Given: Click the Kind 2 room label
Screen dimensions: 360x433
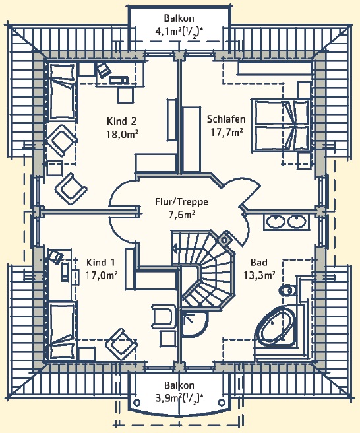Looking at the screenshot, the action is click(121, 121).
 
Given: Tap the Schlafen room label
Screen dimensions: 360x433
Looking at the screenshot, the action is click(226, 119).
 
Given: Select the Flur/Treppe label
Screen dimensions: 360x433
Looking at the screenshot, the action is click(181, 202).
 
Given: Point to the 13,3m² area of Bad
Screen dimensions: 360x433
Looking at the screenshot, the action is click(259, 275).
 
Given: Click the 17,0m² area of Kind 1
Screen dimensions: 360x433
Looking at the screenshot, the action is click(102, 275).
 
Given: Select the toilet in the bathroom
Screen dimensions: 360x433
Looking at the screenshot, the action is click(287, 290).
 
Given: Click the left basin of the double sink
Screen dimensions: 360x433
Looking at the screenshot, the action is click(276, 222).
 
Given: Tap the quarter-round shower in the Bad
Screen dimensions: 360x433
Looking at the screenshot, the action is click(195, 323).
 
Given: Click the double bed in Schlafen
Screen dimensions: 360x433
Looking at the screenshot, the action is click(280, 126).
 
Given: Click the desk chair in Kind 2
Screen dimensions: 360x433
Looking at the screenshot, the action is click(103, 70).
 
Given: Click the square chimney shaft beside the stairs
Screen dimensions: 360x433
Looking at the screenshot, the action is click(225, 240).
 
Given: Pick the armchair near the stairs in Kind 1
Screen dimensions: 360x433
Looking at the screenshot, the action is click(164, 316).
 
